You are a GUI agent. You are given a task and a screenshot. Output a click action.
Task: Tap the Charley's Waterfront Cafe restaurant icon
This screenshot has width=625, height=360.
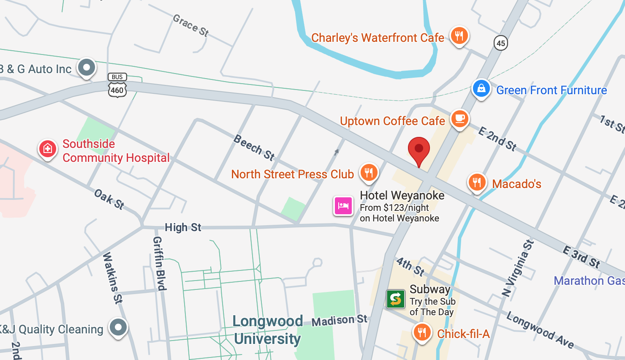tap(459, 35)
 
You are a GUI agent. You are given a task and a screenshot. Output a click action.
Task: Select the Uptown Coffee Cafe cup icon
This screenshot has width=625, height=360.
tap(459, 119)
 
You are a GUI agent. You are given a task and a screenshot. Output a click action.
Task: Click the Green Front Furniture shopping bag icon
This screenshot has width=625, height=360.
tap(481, 89)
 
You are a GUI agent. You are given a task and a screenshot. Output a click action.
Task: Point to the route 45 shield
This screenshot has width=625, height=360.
tap(500, 43)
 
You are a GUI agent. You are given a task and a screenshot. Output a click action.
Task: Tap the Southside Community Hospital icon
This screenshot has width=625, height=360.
tap(48, 149)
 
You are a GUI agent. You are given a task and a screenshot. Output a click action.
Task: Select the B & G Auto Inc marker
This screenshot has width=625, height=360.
tap(87, 67)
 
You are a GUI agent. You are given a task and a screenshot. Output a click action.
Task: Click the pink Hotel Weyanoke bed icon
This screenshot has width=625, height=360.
tap(343, 206)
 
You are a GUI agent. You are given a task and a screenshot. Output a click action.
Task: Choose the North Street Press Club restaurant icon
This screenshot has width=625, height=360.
tap(369, 172)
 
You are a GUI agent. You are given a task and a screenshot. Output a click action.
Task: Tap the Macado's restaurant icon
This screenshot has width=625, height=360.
tap(477, 182)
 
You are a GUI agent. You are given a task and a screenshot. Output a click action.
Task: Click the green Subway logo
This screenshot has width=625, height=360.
tap(395, 299)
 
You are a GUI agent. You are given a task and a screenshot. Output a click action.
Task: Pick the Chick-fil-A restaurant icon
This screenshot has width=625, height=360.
tap(421, 333)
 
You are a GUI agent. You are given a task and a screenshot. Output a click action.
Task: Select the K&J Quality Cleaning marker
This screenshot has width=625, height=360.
tap(118, 327)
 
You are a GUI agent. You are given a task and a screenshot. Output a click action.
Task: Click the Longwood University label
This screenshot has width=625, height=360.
tap(267, 330)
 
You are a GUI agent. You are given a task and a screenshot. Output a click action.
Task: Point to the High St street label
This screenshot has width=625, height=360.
tap(183, 227)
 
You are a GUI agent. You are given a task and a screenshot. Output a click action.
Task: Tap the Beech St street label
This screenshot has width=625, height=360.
tap(254, 147)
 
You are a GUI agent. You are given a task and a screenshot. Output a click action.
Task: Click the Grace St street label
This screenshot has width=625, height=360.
tap(191, 25)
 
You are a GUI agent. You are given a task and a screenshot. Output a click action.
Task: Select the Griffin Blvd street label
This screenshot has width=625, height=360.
tap(159, 263)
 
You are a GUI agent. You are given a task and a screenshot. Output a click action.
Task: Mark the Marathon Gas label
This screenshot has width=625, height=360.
tap(589, 281)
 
